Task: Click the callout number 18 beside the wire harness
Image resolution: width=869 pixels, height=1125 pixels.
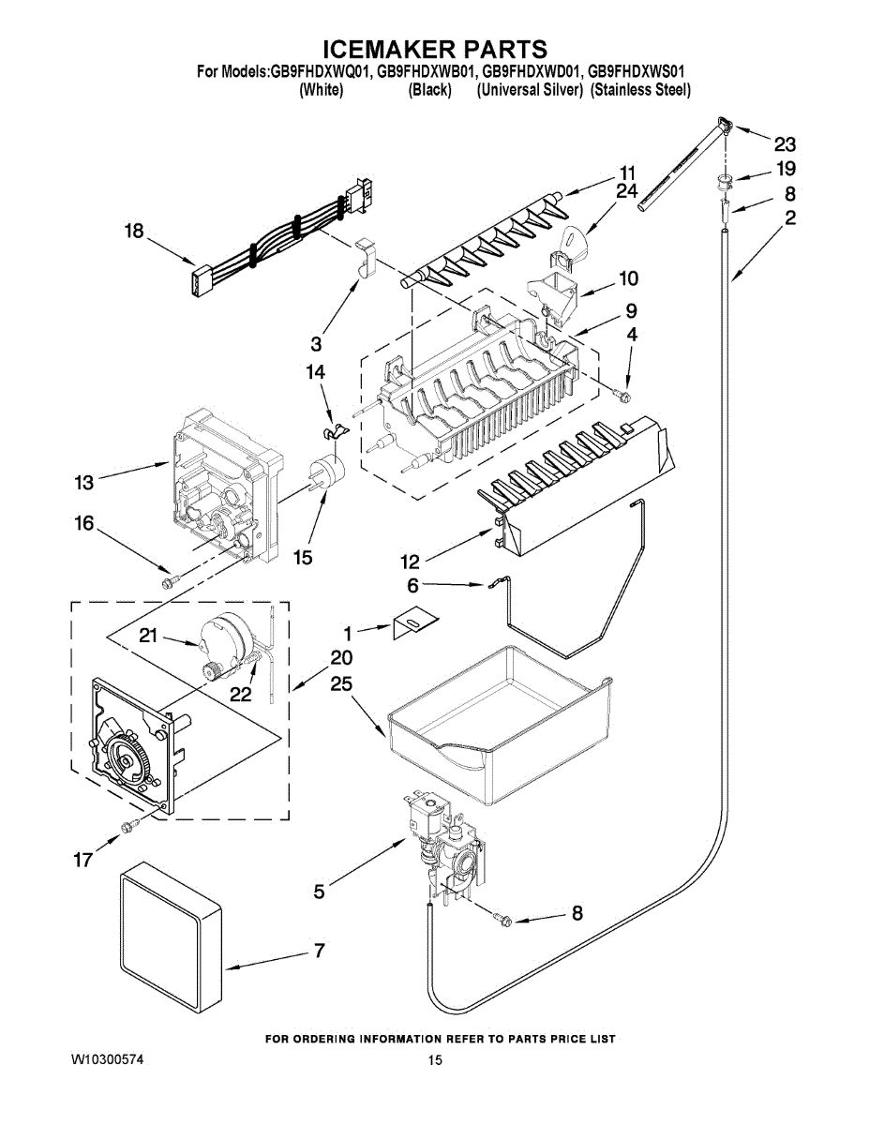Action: pos(134,231)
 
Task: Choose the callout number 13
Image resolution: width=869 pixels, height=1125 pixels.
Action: pos(83,483)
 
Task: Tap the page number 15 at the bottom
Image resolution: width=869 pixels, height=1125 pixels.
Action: pos(435,1061)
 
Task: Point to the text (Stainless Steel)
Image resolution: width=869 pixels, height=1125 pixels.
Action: pos(641,90)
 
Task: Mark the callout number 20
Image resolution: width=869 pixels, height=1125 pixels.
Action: pos(341,657)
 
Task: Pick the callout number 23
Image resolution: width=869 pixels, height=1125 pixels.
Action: pos(785,144)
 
